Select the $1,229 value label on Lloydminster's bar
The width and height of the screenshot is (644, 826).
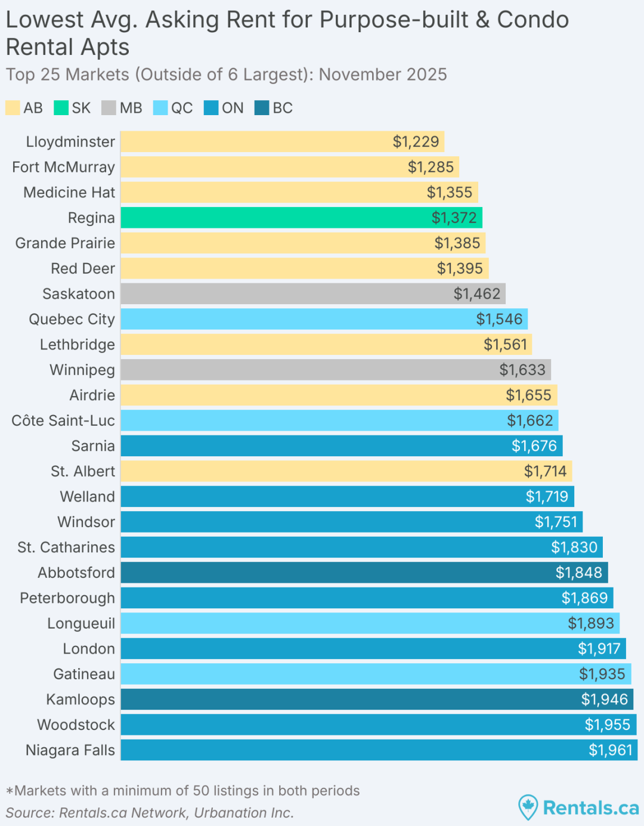click(x=416, y=142)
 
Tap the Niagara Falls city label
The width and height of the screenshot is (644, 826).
click(x=70, y=750)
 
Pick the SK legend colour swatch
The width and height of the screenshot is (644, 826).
click(x=61, y=108)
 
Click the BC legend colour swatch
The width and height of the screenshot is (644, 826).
click(x=262, y=108)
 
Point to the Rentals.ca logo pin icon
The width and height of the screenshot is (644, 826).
click(x=528, y=807)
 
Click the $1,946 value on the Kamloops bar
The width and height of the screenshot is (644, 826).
click(x=604, y=700)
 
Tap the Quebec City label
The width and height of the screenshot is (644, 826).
click(x=72, y=319)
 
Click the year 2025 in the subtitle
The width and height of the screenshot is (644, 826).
click(x=426, y=75)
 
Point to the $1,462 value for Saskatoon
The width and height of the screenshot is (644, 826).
click(x=476, y=294)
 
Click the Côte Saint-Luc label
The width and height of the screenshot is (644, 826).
click(x=63, y=420)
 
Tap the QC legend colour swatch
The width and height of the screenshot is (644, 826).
click(x=160, y=108)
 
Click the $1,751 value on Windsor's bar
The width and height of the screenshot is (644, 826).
click(x=556, y=522)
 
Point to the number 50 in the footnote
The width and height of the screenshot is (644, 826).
click(x=201, y=791)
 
